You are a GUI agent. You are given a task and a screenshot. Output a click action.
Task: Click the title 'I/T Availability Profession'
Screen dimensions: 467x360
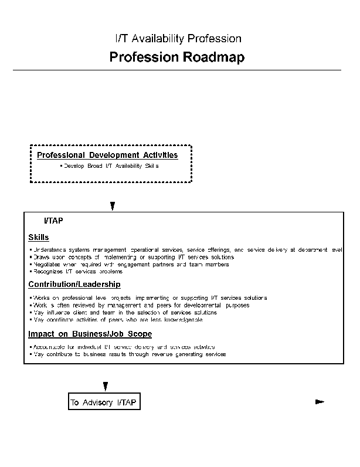pos(178,39)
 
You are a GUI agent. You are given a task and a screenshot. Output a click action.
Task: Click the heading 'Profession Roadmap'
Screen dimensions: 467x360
pos(176,57)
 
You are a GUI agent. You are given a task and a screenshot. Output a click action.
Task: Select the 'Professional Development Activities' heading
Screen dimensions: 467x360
pos(107,155)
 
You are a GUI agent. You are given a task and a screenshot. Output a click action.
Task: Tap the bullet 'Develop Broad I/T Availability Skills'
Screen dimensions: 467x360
pos(109,167)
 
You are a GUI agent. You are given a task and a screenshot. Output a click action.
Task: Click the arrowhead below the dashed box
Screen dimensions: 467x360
pos(112,206)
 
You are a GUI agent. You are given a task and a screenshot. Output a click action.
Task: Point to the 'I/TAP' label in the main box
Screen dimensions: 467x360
pos(53,221)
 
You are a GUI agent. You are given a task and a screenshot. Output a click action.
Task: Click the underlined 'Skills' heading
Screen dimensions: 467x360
pos(39,238)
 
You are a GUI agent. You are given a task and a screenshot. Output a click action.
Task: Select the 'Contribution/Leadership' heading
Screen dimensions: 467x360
pos(74,285)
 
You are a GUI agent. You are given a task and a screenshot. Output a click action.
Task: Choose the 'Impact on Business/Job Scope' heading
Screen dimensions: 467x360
pos(90,334)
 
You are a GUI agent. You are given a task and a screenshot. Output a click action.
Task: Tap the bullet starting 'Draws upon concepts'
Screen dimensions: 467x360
pos(133,257)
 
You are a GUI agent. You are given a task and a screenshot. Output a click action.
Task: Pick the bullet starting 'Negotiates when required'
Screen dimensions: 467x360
pos(130,264)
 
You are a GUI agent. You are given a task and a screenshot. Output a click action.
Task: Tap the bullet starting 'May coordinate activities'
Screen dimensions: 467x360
pos(117,319)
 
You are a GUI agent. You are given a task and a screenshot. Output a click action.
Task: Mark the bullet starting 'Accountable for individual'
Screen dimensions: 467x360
pos(123,347)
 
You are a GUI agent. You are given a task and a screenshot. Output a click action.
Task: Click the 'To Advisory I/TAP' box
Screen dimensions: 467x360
pos(104,402)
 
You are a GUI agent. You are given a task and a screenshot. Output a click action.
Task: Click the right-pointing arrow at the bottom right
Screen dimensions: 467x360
pos(320,402)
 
